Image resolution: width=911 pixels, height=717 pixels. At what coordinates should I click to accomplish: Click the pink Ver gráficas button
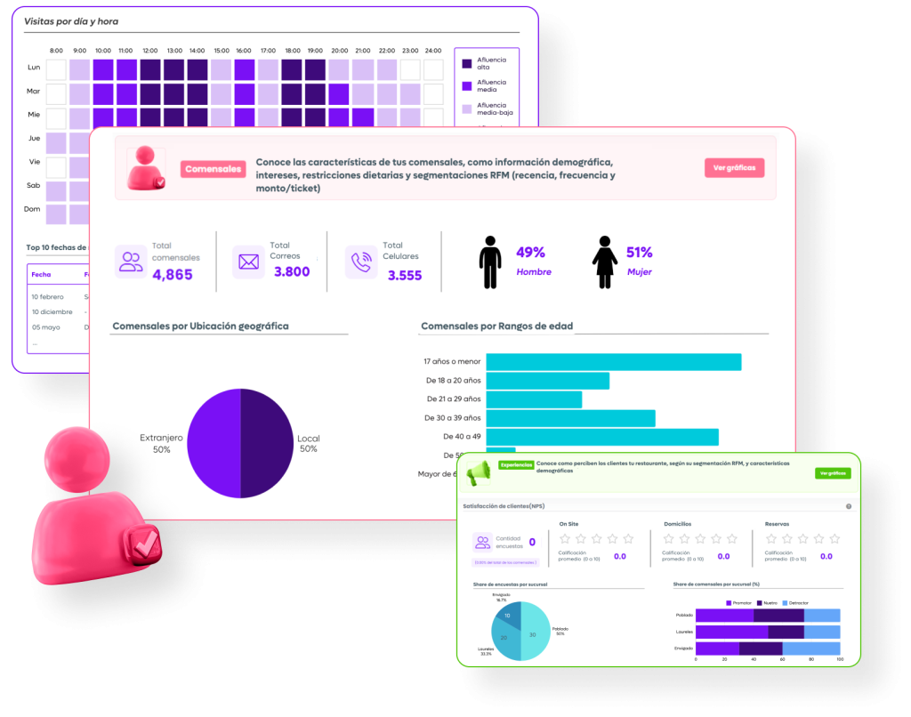pyautogui.click(x=734, y=168)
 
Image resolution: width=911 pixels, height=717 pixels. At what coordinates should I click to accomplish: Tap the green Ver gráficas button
pyautogui.click(x=833, y=473)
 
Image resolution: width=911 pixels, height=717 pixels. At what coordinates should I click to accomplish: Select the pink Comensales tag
pyautogui.click(x=213, y=168)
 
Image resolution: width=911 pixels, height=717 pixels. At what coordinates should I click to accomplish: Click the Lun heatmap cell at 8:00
pyautogui.click(x=56, y=69)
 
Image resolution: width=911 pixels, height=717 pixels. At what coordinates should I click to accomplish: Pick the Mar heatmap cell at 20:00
pyautogui.click(x=339, y=94)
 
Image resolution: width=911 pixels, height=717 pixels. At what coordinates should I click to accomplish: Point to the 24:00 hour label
pyautogui.click(x=433, y=51)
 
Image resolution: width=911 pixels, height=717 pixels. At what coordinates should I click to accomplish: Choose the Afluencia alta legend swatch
pyautogui.click(x=467, y=63)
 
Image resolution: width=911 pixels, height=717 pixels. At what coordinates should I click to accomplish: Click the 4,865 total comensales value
pyautogui.click(x=173, y=275)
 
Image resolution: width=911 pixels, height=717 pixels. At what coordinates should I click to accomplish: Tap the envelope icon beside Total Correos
pyautogui.click(x=248, y=262)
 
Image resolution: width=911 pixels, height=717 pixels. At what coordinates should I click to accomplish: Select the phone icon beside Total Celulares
pyautogui.click(x=361, y=262)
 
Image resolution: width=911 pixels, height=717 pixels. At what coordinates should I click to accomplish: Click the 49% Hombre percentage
pyautogui.click(x=531, y=253)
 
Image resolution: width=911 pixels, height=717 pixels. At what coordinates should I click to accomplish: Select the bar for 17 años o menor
pyautogui.click(x=613, y=362)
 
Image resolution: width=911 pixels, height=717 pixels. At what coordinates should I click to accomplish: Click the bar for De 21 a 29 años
pyautogui.click(x=534, y=399)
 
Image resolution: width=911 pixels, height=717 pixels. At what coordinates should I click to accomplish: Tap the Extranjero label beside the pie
pyautogui.click(x=161, y=438)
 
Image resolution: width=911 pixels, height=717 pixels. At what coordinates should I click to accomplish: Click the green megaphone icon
pyautogui.click(x=479, y=472)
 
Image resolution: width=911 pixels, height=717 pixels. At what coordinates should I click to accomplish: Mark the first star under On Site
pyautogui.click(x=564, y=538)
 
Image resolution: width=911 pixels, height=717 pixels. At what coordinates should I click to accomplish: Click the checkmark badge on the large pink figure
pyautogui.click(x=141, y=543)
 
